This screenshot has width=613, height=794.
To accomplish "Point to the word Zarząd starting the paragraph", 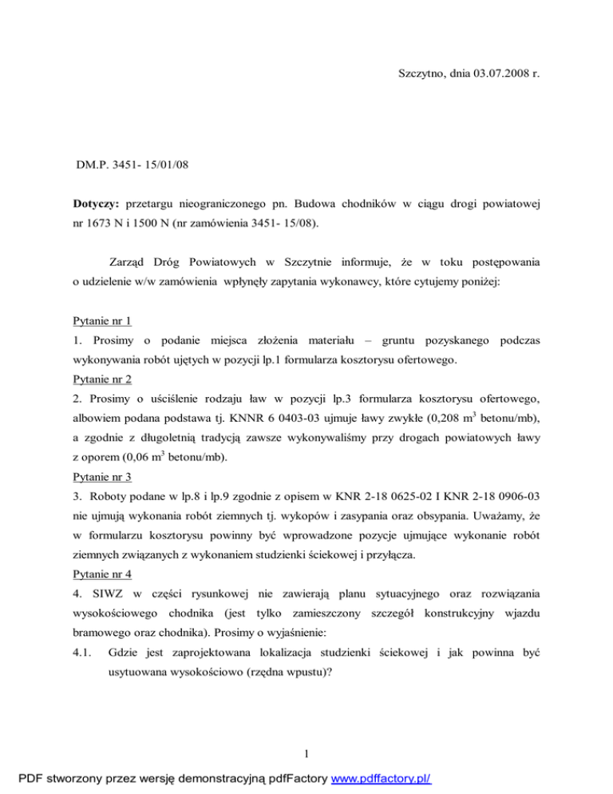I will (x=129, y=263).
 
